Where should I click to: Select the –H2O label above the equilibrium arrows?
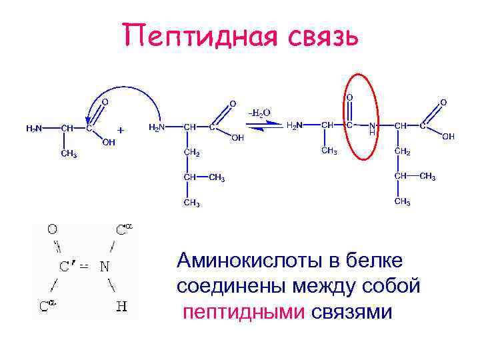pyautogui.click(x=259, y=113)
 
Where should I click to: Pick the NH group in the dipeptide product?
pyautogui.click(x=373, y=128)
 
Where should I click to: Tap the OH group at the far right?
pyautogui.click(x=448, y=137)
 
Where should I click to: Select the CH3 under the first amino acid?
pyautogui.click(x=69, y=154)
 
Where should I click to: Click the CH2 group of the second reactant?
pyautogui.click(x=192, y=152)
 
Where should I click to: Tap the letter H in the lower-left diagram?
pyautogui.click(x=121, y=307)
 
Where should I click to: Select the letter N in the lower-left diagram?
pyautogui.click(x=105, y=267)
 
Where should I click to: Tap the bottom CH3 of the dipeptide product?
pyautogui.click(x=402, y=201)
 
